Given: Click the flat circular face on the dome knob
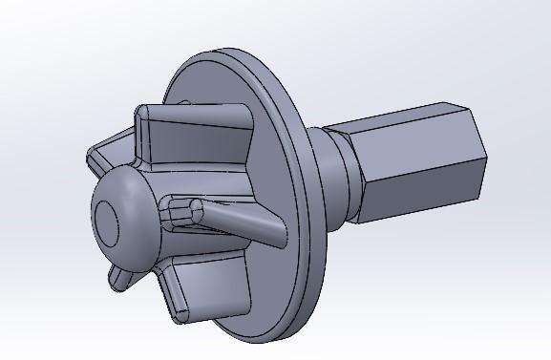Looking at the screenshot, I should click(x=105, y=222).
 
